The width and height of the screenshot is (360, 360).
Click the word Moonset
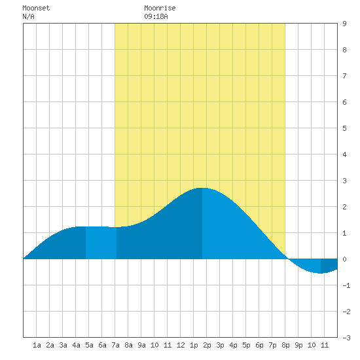coord(36,8)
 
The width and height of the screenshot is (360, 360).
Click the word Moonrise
coord(160,8)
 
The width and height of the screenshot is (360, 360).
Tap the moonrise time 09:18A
coord(156,16)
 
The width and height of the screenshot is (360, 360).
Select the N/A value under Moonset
coord(28,16)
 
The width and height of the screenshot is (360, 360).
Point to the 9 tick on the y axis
coord(344,24)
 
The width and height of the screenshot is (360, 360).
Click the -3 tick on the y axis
coord(346,338)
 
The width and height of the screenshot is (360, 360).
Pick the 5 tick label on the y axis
coord(344,128)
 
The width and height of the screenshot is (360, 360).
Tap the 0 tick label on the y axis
coord(344,259)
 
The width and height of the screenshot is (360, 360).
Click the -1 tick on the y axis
coord(346,285)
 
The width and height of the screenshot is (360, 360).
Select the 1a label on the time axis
coord(37,345)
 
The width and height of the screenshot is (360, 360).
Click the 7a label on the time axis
coord(115,345)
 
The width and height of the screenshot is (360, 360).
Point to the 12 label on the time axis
coord(181,345)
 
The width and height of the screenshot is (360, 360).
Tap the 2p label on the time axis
coord(207,345)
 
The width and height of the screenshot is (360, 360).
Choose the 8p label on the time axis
coord(285,345)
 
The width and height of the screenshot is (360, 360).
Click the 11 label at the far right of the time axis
coord(325,345)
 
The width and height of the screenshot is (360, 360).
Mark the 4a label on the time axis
coord(76,345)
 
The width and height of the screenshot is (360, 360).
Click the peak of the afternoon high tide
coord(202,188)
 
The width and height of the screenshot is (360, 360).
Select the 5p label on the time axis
coord(246,345)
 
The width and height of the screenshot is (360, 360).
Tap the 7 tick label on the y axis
coord(344,76)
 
